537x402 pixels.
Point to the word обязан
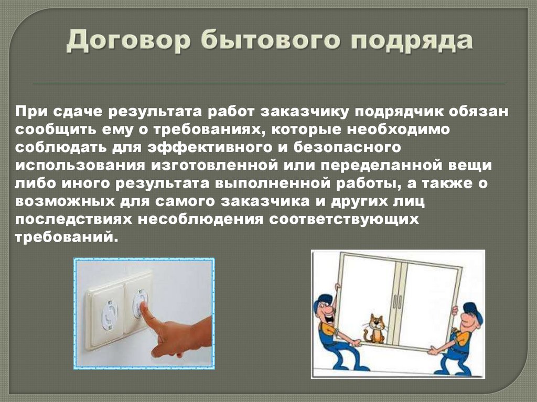(482, 111)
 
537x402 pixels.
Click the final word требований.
(63, 236)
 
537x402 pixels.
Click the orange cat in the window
(375, 329)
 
